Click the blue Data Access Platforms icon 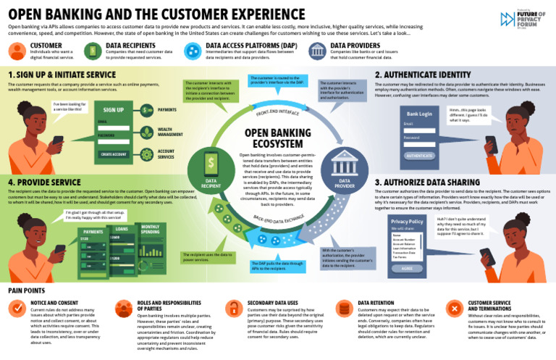(193, 50)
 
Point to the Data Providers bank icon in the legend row (317, 50)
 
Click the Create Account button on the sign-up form (113, 154)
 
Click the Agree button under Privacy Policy (406, 267)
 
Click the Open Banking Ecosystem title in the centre (278, 138)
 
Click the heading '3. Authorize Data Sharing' (427, 182)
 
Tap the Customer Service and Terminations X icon (454, 308)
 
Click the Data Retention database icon (344, 308)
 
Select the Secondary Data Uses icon (233, 308)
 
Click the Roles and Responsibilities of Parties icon (124, 308)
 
